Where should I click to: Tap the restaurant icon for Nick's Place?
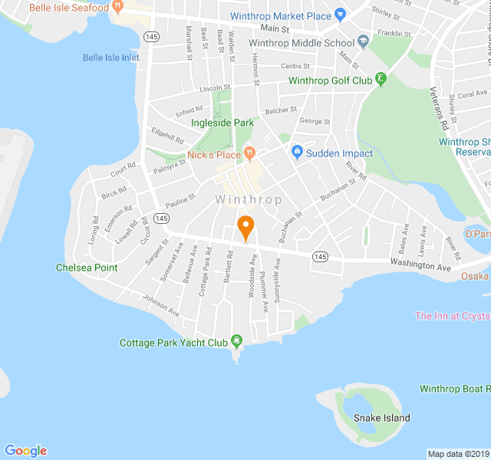(x=249, y=154)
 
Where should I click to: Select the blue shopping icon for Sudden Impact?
(x=297, y=153)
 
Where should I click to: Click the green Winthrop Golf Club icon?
(x=381, y=80)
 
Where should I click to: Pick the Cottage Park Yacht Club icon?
(x=237, y=340)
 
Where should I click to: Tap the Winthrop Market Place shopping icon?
(x=341, y=15)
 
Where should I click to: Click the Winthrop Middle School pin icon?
(x=364, y=43)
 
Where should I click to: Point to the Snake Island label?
(x=381, y=418)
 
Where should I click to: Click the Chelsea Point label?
(x=87, y=268)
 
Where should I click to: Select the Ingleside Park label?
(x=222, y=123)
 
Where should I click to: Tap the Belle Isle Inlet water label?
(x=111, y=58)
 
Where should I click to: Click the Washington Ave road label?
(x=420, y=267)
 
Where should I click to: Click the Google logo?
(x=25, y=451)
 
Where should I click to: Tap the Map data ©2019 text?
(x=457, y=453)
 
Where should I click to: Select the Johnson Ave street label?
(x=160, y=306)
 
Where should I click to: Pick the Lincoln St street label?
(x=215, y=89)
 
